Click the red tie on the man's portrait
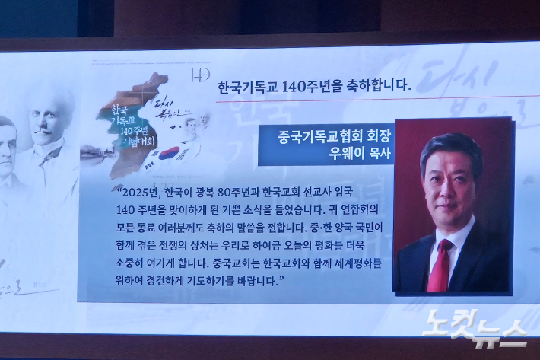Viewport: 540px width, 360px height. tap(440, 265)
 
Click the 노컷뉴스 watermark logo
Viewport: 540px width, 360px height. tap(475, 327)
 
